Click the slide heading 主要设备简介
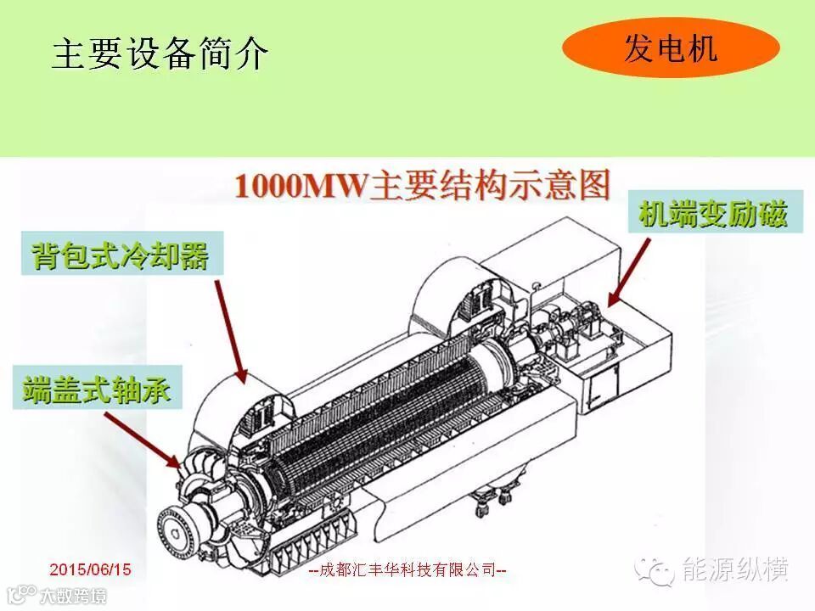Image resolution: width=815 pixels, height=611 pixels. tap(160, 53)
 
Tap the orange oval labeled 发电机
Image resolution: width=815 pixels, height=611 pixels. tap(671, 48)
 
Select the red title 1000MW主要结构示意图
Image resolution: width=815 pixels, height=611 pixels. tap(422, 186)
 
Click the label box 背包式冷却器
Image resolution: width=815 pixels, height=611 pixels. tap(122, 254)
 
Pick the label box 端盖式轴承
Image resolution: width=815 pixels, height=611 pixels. tap(98, 388)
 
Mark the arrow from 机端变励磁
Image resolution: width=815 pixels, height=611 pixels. tap(629, 272)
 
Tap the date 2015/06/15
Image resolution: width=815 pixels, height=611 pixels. tap(91, 569)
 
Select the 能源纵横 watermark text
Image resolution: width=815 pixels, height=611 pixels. tap(735, 569)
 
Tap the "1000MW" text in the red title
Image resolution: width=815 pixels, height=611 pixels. tap(301, 186)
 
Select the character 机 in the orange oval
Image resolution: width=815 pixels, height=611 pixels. tap(702, 48)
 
